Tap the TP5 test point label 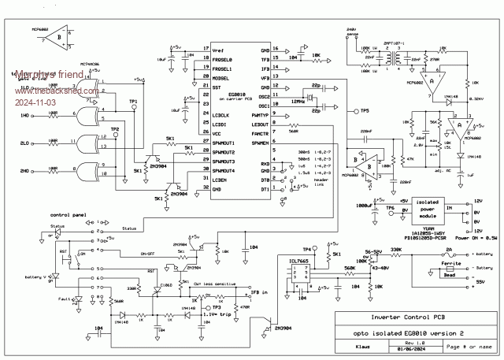pos(364,111)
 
